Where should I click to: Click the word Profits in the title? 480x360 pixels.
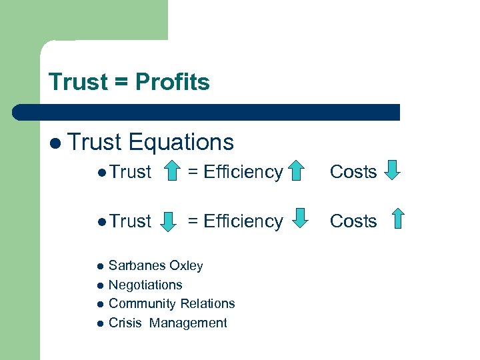[x=172, y=83]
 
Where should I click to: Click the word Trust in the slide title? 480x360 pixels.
[x=78, y=83]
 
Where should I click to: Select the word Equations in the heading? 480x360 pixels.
[x=181, y=142]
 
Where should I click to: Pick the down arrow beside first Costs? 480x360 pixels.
[x=393, y=171]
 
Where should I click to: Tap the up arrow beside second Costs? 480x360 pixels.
[x=398, y=219]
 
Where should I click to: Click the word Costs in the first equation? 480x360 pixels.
[x=353, y=172]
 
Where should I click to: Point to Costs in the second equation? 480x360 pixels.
[x=353, y=221]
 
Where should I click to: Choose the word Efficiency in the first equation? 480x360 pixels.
[x=243, y=172]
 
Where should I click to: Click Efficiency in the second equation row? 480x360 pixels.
[x=243, y=221]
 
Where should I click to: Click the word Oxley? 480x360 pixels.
[x=186, y=266]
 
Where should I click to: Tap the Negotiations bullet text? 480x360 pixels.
[x=145, y=285]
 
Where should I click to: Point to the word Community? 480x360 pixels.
[x=137, y=304]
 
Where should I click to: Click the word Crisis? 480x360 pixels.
[x=125, y=323]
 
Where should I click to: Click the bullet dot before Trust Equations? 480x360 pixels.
[x=54, y=143]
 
